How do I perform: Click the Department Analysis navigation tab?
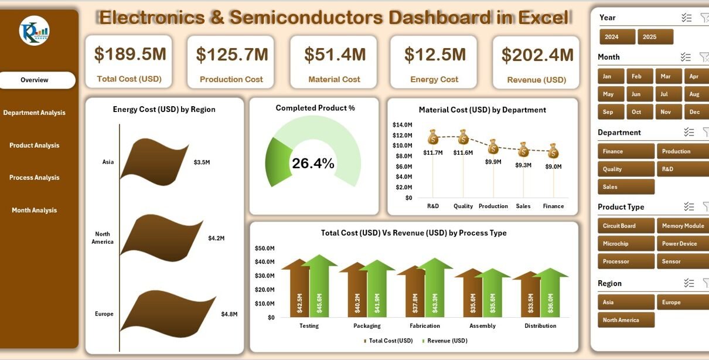pyautogui.click(x=35, y=113)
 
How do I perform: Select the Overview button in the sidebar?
pyautogui.click(x=35, y=80)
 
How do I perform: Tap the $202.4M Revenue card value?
pyautogui.click(x=537, y=55)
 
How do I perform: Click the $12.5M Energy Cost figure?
pyautogui.click(x=435, y=55)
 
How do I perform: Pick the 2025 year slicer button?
pyautogui.click(x=655, y=37)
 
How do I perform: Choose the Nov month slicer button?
pyautogui.click(x=664, y=111)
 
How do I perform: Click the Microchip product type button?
pyautogui.click(x=625, y=243)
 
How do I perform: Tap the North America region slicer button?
pyautogui.click(x=625, y=320)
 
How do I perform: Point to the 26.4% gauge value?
pyautogui.click(x=313, y=164)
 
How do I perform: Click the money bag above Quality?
pyautogui.click(x=463, y=138)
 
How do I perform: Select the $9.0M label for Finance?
pyautogui.click(x=553, y=167)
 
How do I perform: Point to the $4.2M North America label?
pyautogui.click(x=216, y=238)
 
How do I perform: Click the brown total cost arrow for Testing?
pyautogui.click(x=299, y=290)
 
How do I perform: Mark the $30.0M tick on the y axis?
pyautogui.click(x=264, y=276)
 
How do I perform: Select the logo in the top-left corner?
pyautogui.click(x=34, y=31)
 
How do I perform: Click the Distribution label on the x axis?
pyautogui.click(x=540, y=326)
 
